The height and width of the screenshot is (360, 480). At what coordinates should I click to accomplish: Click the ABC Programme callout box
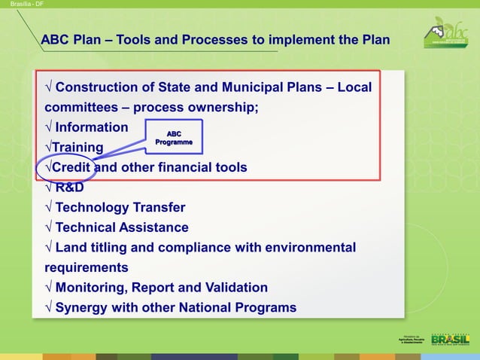tap(174, 138)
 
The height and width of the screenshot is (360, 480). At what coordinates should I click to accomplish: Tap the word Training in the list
tap(77, 147)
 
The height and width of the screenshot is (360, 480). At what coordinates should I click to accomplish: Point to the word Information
tap(92, 127)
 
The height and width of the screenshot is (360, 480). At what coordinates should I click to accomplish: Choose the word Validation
tap(235, 287)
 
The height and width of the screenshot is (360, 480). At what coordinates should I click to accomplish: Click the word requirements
tap(87, 267)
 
